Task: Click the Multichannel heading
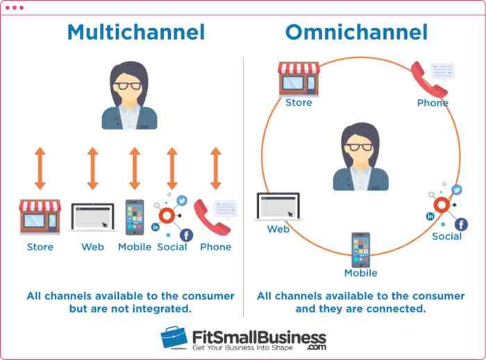[x=135, y=32]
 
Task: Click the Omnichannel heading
[x=356, y=32]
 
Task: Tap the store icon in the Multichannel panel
[x=40, y=216]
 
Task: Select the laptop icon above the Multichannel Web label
[x=92, y=218]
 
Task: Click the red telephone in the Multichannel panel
[x=211, y=217]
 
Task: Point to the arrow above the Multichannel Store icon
[x=40, y=168]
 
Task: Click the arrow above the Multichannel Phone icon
[x=215, y=168]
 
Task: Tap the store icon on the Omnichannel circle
[x=299, y=78]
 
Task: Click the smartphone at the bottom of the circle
[x=360, y=249]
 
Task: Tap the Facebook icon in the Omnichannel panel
[x=460, y=224]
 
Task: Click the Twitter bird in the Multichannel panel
[x=182, y=200]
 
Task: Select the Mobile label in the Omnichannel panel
[x=360, y=273]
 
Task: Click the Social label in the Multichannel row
[x=172, y=247]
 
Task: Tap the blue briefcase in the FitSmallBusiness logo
[x=174, y=338]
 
